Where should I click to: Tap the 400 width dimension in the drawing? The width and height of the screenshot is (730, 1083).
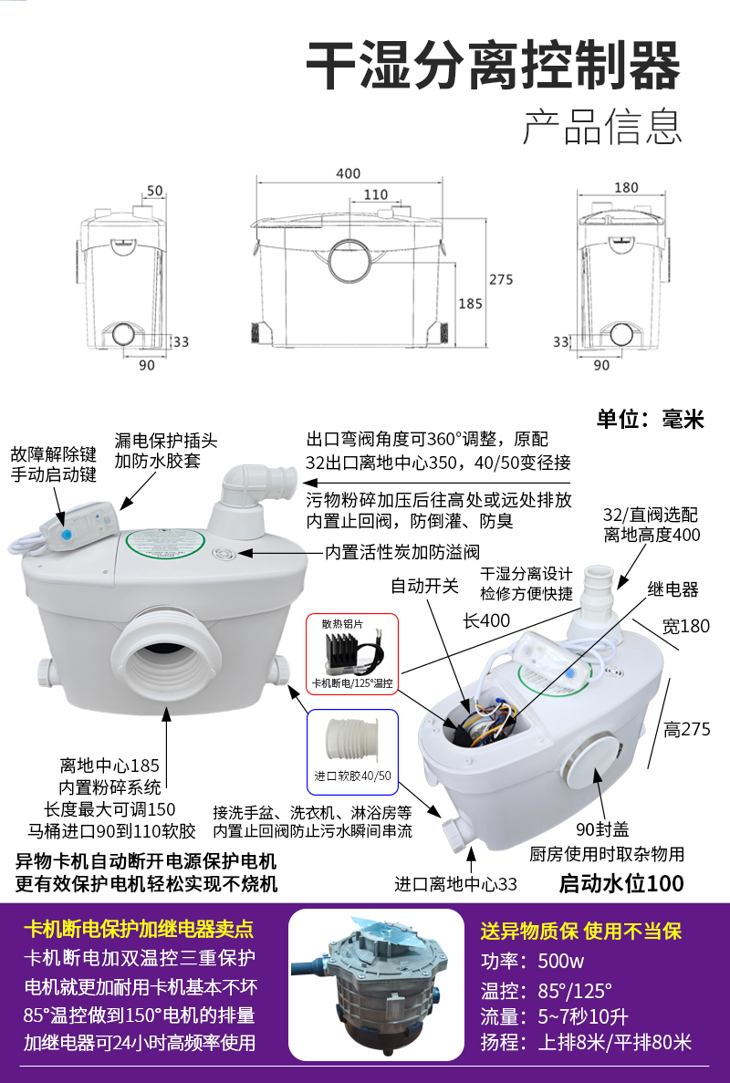click(348, 173)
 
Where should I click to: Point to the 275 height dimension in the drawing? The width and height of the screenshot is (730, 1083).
click(501, 279)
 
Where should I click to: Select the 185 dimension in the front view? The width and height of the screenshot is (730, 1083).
click(470, 303)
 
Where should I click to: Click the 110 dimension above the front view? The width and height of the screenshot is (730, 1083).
click(376, 194)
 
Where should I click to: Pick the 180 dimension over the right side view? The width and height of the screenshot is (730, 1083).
click(625, 188)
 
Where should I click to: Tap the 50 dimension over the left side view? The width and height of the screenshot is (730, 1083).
click(154, 191)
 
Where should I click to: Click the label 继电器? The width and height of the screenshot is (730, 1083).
click(673, 590)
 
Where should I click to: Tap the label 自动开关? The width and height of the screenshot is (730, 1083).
click(425, 586)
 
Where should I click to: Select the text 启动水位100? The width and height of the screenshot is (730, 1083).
click(620, 883)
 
